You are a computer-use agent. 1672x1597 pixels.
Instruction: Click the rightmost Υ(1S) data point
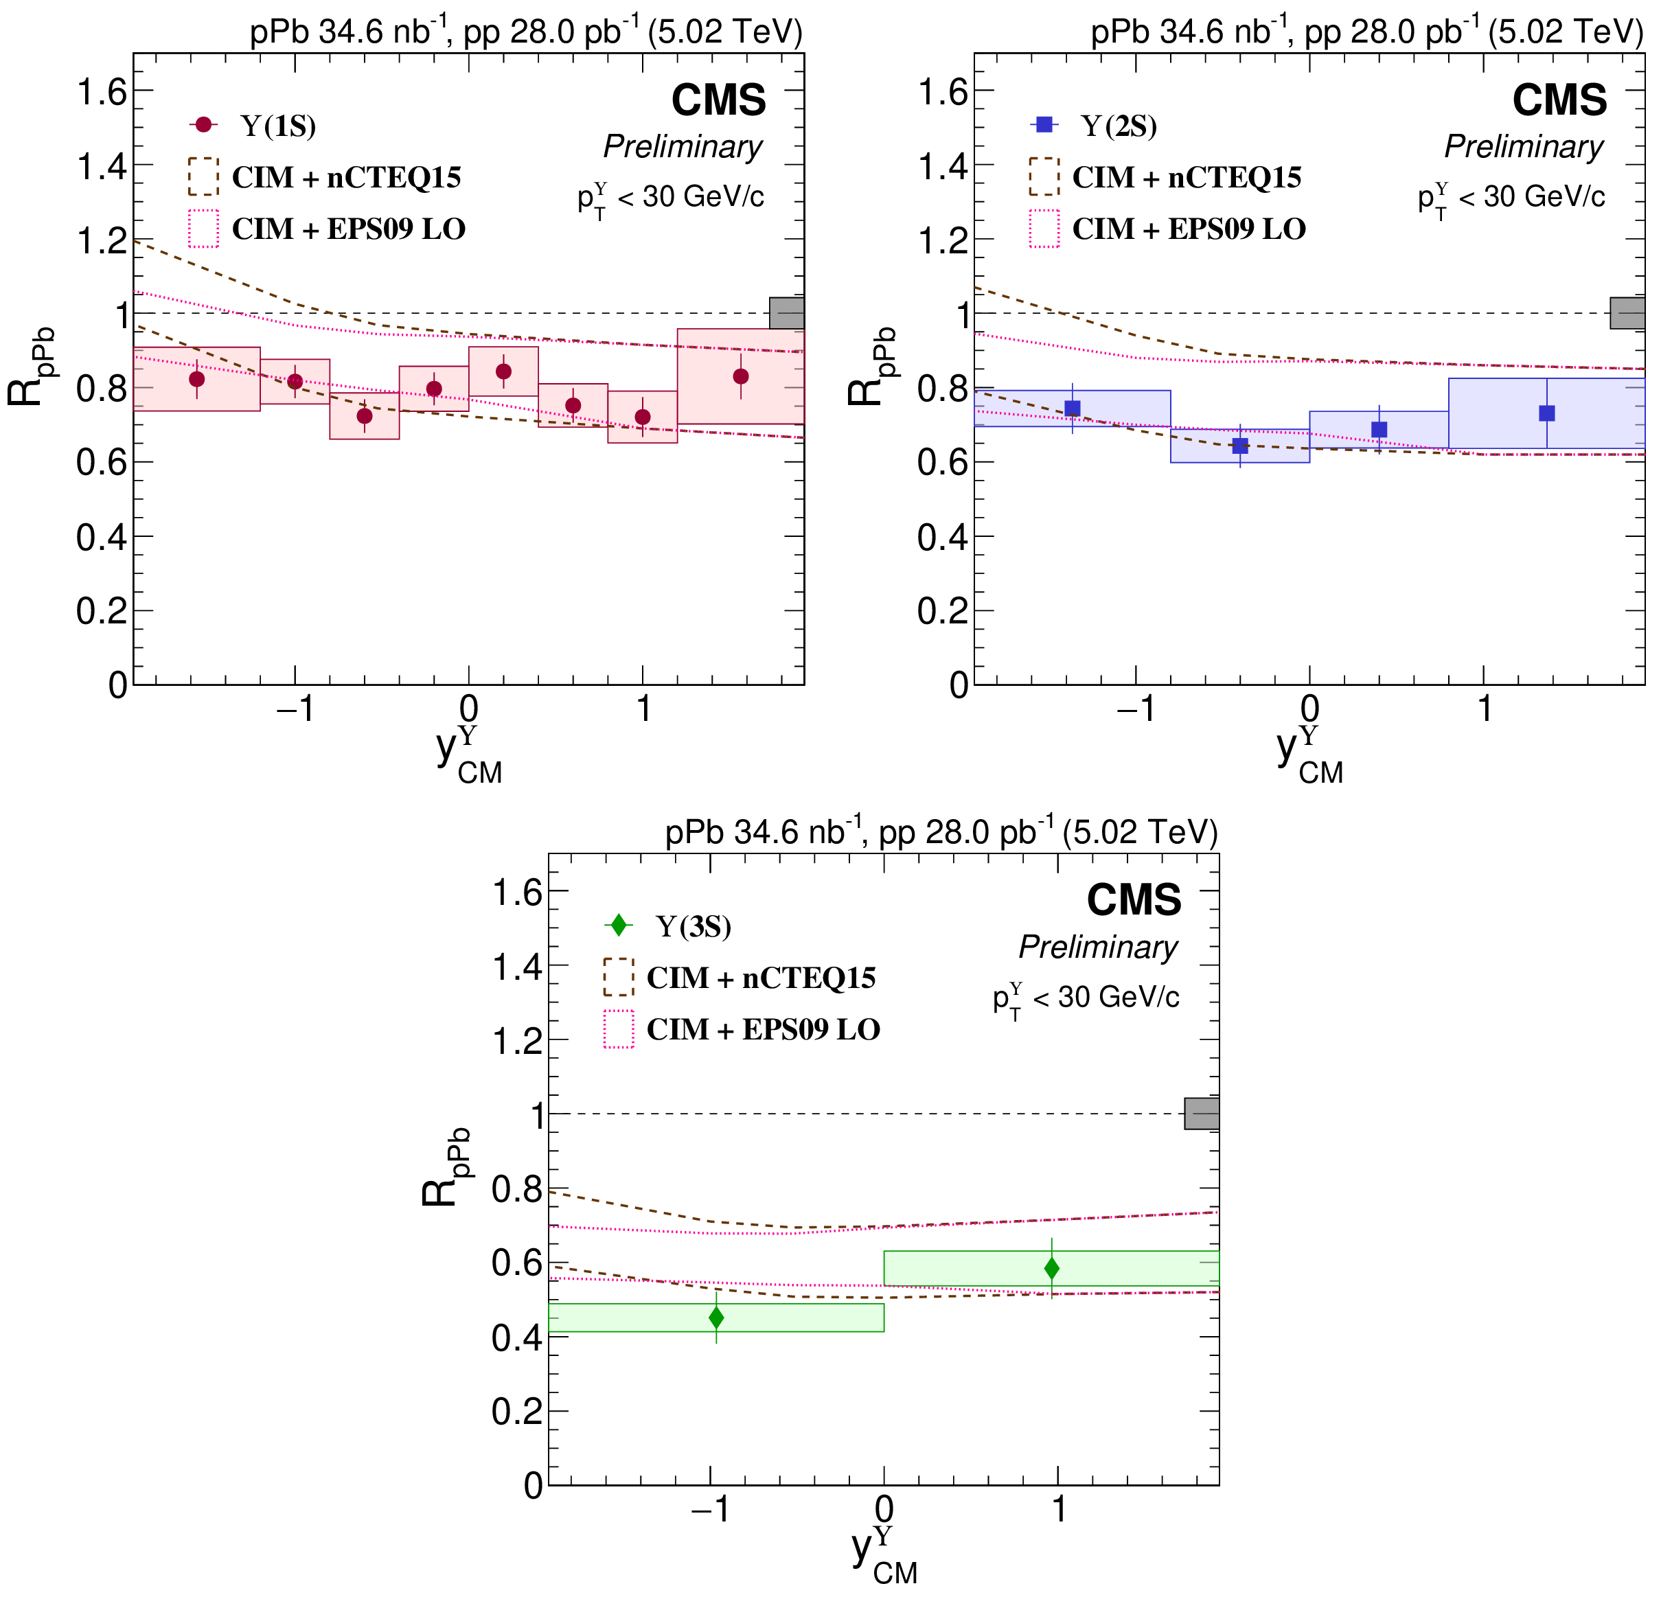[741, 376]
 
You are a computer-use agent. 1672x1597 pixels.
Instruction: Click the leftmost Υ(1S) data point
[196, 379]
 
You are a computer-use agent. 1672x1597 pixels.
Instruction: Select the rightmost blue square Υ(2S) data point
[1547, 413]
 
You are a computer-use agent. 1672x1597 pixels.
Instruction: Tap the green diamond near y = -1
[716, 1318]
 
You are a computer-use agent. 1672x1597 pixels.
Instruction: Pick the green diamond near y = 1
[1051, 1268]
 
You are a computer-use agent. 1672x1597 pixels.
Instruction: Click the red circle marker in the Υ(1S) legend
[203, 125]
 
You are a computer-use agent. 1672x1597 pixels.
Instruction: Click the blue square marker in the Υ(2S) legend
[1044, 125]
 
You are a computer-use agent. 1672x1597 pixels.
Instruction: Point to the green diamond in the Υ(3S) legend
[619, 926]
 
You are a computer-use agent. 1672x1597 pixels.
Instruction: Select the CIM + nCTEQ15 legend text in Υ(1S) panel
[347, 177]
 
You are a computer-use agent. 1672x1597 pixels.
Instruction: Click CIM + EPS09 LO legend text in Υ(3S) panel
[763, 1029]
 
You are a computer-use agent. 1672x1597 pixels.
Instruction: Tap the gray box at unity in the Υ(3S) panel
[1201, 1114]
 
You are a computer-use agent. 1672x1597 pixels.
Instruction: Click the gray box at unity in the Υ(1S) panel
[787, 313]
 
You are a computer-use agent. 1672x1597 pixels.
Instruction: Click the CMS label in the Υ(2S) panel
[1559, 100]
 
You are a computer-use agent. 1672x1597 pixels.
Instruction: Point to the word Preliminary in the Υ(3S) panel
[1098, 947]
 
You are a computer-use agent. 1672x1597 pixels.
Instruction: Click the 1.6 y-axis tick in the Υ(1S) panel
[102, 91]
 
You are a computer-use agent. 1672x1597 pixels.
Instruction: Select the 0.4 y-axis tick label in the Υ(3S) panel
[517, 1338]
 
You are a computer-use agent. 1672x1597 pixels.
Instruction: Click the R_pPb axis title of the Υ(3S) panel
[444, 1167]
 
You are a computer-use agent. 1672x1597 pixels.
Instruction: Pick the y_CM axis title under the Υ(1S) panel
[468, 752]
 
